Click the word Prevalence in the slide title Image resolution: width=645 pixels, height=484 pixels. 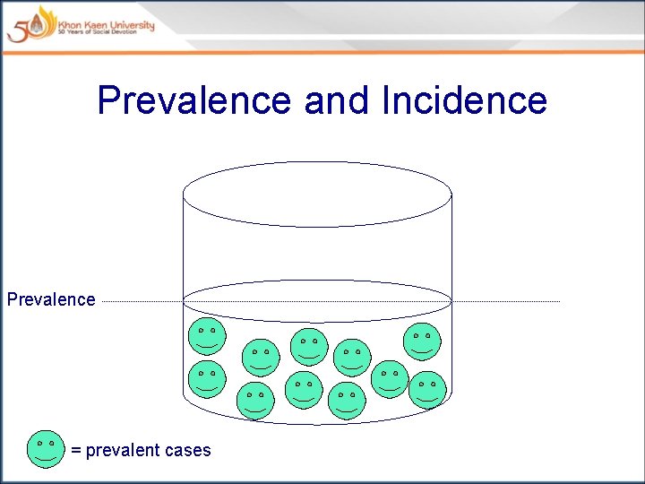193,100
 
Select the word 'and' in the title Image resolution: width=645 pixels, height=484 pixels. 336,100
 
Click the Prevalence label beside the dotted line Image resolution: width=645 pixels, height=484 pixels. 51,299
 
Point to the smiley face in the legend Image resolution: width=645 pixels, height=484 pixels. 46,448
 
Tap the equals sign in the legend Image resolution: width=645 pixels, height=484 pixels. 76,451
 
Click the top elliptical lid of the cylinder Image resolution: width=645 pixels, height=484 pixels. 317,194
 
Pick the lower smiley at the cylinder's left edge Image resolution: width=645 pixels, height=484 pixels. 207,378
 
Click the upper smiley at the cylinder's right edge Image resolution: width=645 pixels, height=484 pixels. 422,341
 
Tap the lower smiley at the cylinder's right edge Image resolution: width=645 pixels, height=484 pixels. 427,390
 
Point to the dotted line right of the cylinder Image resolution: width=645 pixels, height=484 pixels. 506,301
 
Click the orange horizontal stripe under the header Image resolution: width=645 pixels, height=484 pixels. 358,52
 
